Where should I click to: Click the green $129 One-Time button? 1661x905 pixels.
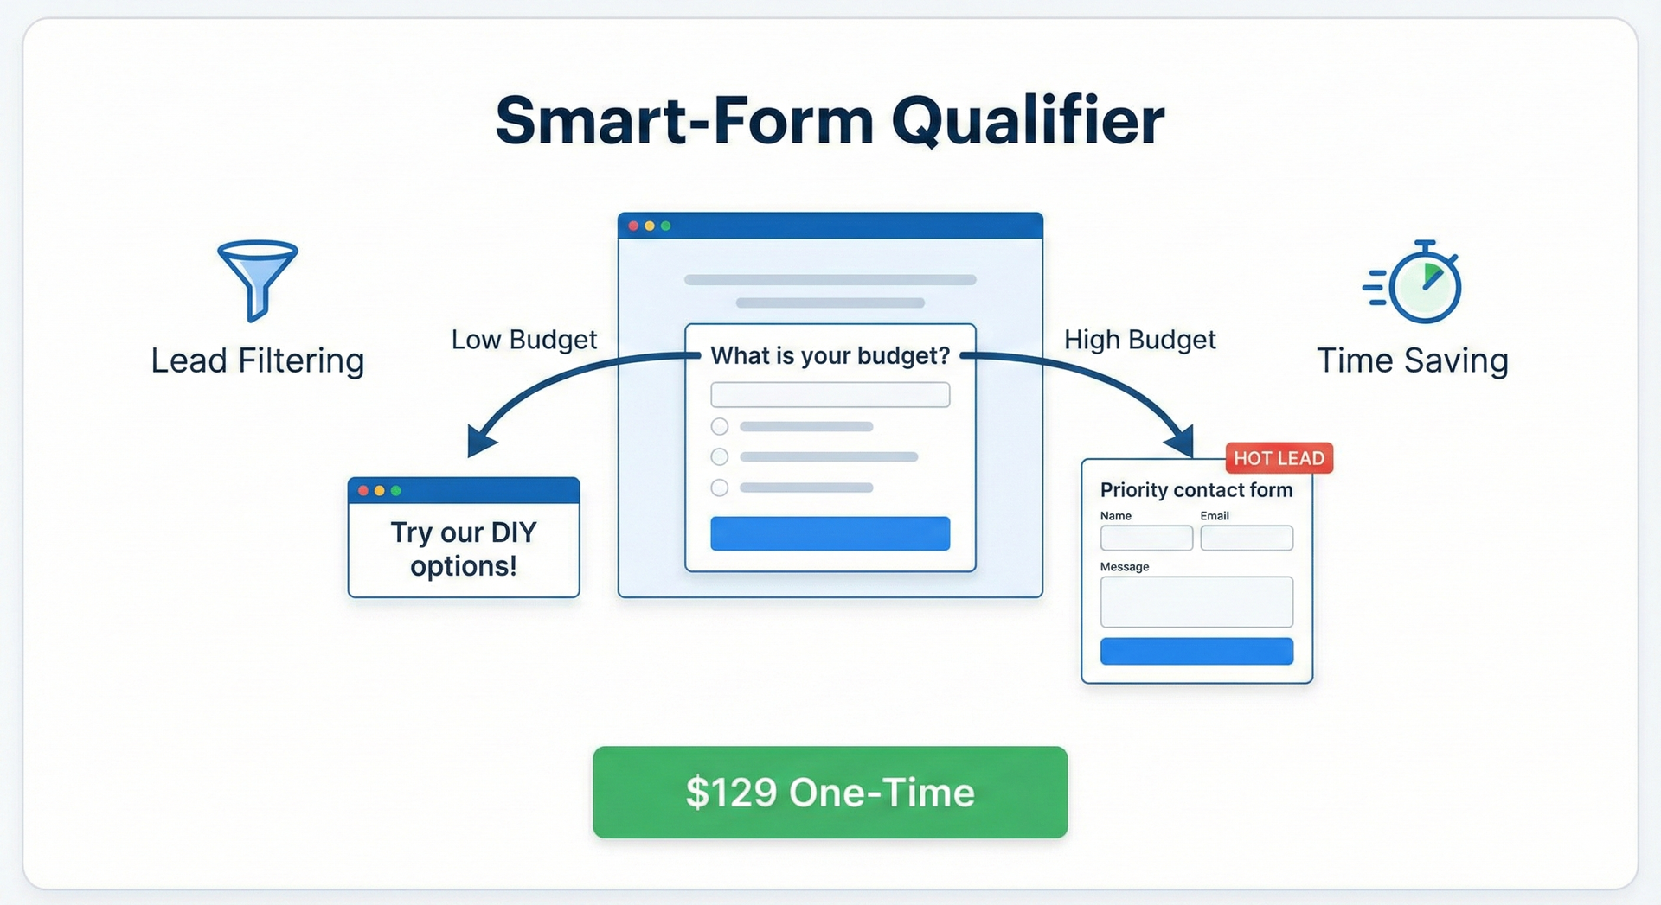[x=830, y=792]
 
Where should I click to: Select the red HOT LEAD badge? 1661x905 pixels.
[x=1279, y=458]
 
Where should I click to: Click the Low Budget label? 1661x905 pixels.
[x=523, y=340]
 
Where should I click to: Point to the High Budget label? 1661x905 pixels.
[x=1139, y=340]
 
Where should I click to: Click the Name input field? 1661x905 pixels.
[x=1146, y=538]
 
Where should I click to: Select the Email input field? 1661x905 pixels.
[x=1246, y=538]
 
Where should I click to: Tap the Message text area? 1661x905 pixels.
[x=1196, y=602]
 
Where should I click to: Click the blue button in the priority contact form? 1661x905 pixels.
[x=1196, y=651]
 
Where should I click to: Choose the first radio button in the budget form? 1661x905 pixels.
[x=720, y=426]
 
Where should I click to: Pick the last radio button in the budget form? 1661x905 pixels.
[x=720, y=488]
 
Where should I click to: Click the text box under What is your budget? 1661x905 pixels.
[x=830, y=395]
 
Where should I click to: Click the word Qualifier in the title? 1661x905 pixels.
[x=1028, y=121]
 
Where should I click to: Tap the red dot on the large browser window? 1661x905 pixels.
[x=633, y=226]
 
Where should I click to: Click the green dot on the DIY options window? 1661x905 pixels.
[x=396, y=491]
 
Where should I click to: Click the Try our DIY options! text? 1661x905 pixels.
[x=464, y=549]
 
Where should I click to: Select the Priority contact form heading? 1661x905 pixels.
[x=1196, y=490]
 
